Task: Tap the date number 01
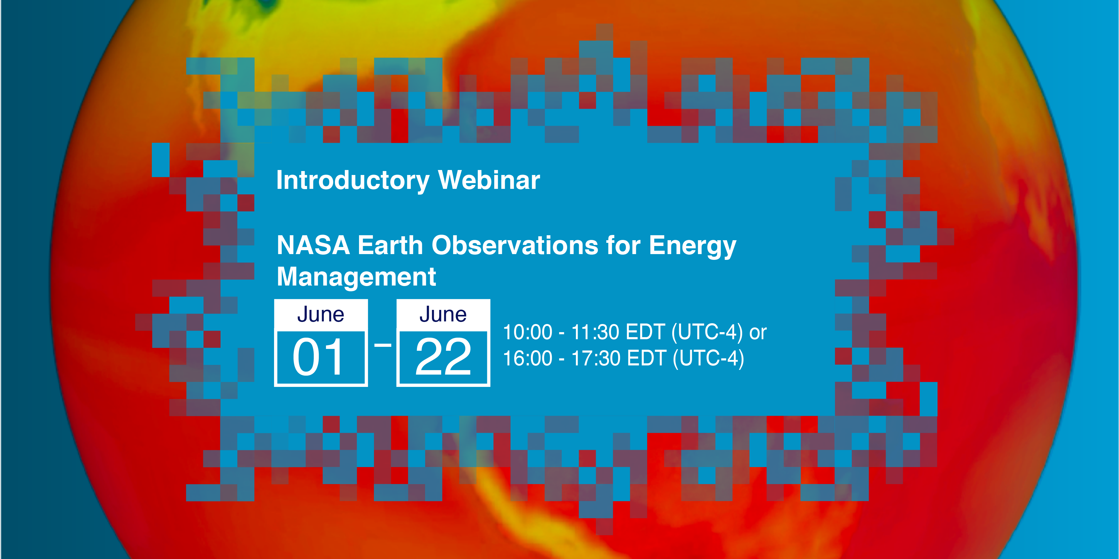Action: coord(318,357)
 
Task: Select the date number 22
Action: coord(443,357)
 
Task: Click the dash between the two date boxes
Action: coord(382,346)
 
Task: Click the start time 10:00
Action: coord(527,332)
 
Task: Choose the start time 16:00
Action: coord(527,359)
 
